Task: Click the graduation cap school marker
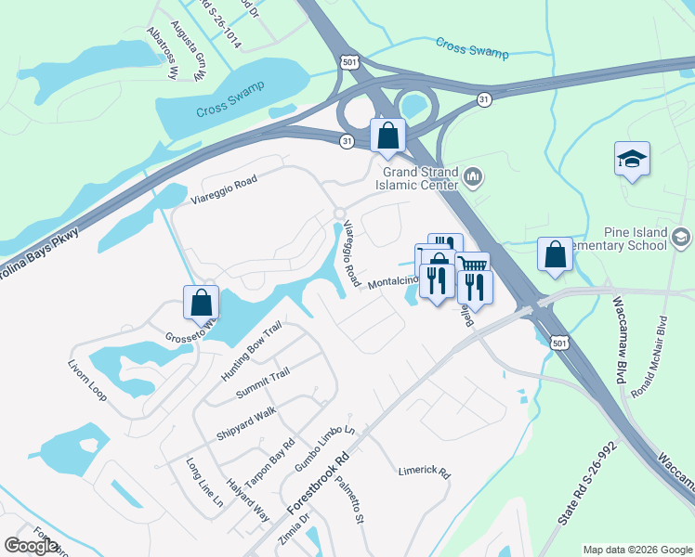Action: (632, 159)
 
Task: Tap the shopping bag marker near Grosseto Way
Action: (202, 304)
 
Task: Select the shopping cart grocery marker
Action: (472, 268)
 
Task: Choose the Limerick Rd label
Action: (424, 471)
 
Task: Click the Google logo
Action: (31, 546)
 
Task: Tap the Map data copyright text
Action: (636, 550)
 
